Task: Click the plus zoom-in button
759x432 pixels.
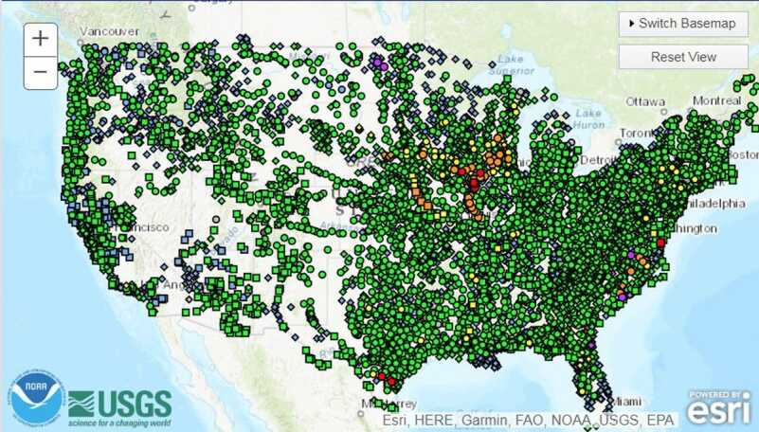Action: click(41, 39)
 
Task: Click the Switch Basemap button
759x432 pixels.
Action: click(682, 24)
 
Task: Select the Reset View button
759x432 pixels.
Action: click(682, 57)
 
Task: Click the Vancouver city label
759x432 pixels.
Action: click(109, 30)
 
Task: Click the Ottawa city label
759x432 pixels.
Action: click(646, 102)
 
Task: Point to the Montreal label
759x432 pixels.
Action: click(716, 100)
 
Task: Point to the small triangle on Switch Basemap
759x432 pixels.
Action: click(630, 24)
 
